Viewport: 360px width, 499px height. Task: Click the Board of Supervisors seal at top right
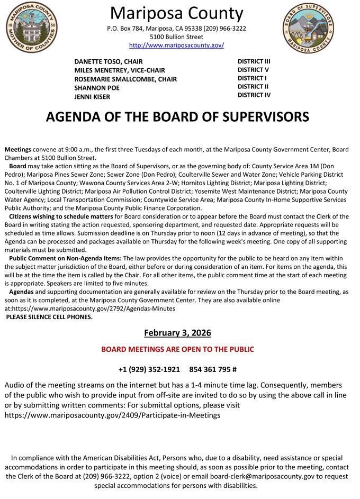coord(308,28)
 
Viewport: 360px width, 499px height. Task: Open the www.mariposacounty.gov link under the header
coord(176,46)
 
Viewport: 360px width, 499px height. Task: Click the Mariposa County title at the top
coord(177,13)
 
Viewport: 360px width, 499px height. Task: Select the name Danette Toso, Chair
coord(109,61)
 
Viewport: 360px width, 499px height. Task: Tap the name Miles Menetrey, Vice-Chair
coord(120,70)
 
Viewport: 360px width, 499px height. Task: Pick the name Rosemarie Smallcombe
coord(125,79)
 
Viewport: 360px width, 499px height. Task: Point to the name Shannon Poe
coord(97,88)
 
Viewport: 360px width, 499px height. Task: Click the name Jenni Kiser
coord(93,97)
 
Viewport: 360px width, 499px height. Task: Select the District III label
coord(254,61)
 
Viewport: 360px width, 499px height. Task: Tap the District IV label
coord(254,95)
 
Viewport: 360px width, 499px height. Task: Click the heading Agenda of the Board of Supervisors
coord(177,117)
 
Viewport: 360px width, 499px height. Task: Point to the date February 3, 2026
coord(177,333)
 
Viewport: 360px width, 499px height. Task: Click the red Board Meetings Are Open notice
coord(177,349)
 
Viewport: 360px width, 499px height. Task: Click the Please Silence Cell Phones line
coord(49,317)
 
